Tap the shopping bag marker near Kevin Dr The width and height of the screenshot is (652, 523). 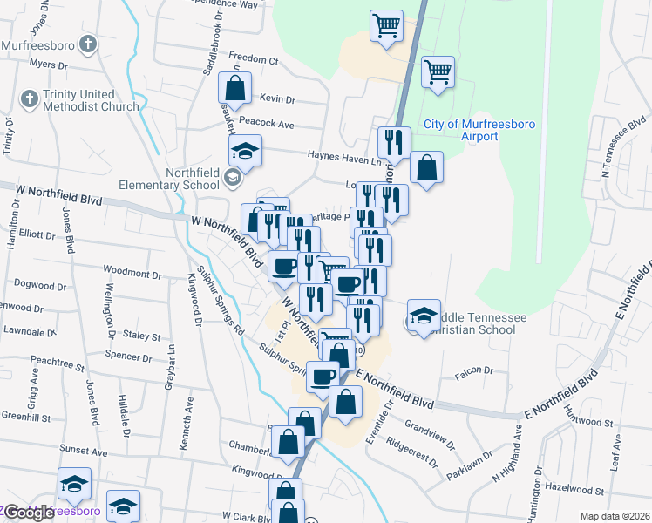(235, 87)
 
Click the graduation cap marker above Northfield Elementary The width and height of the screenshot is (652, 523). (246, 151)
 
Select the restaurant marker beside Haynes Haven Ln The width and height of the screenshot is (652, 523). (394, 142)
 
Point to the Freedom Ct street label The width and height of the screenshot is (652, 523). (254, 61)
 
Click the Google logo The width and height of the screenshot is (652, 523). (30, 513)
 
